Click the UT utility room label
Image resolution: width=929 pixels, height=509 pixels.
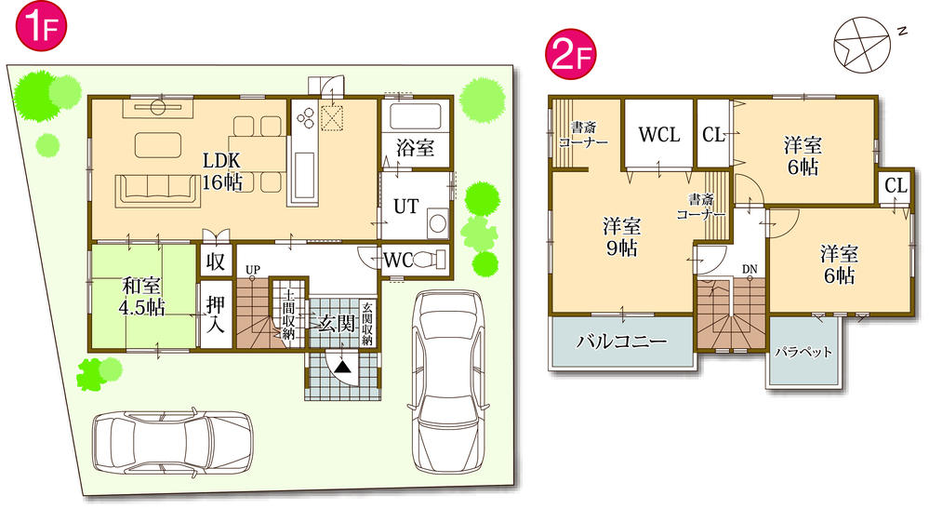pos(405,206)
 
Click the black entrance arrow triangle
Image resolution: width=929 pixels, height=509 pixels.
pos(343,368)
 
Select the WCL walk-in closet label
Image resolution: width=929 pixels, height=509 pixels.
pos(658,135)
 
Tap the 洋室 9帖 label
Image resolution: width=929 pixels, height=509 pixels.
pos(621,236)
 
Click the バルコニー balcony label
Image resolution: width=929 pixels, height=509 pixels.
pos(621,342)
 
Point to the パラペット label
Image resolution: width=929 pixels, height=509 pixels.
pos(803,353)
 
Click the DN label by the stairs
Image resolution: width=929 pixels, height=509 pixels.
pos(749,270)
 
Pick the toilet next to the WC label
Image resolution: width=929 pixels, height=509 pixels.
pos(431,260)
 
